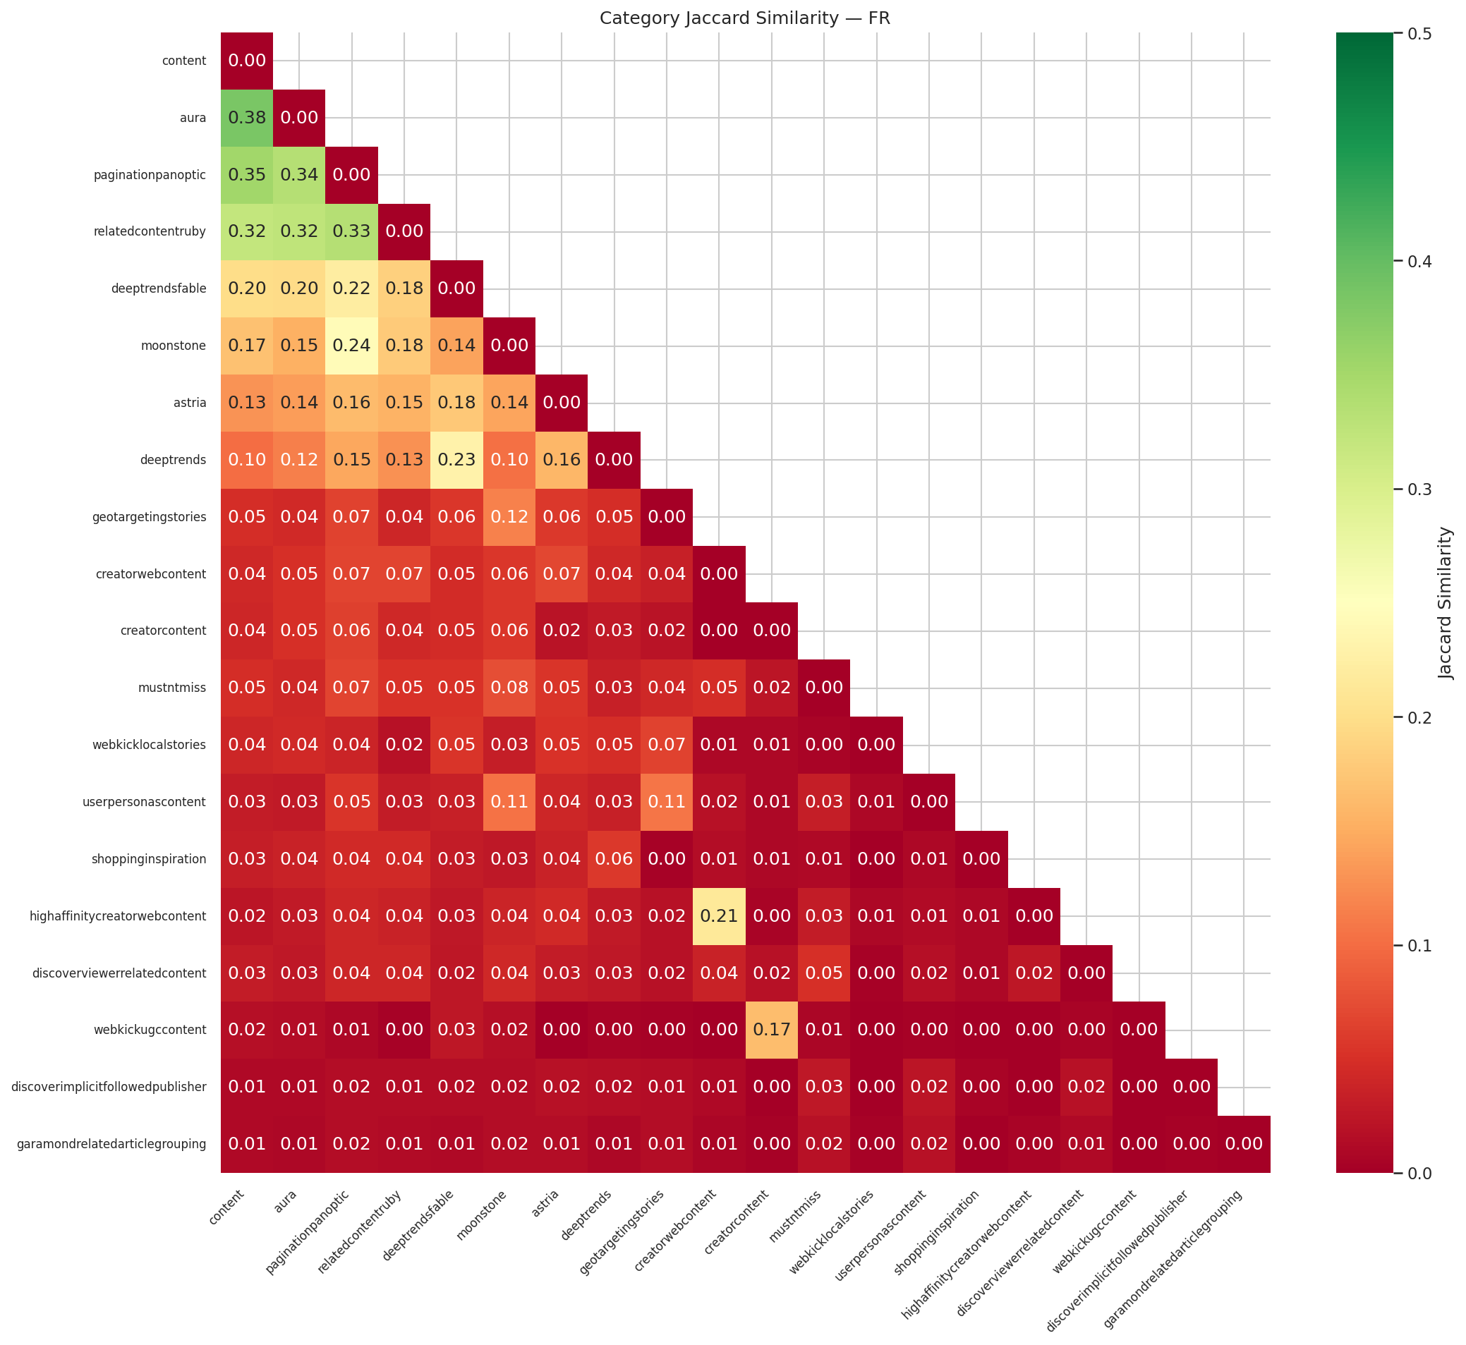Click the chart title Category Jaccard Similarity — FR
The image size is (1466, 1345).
click(x=745, y=18)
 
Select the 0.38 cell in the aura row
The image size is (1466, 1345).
click(x=247, y=118)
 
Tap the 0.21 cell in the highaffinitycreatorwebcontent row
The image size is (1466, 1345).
click(x=719, y=915)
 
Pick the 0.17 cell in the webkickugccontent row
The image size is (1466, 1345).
click(x=772, y=1030)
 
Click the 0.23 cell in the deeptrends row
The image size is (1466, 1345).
click(x=456, y=460)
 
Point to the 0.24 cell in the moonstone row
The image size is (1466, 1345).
click(x=351, y=346)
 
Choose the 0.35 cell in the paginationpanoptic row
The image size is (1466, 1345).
click(x=247, y=175)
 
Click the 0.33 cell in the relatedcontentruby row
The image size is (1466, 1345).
click(x=351, y=232)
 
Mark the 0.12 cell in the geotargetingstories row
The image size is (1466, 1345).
click(x=509, y=517)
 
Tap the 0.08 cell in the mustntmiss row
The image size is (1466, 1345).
click(x=509, y=688)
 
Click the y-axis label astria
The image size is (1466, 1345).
click(x=190, y=403)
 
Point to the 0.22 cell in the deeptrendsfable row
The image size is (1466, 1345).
click(x=351, y=289)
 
